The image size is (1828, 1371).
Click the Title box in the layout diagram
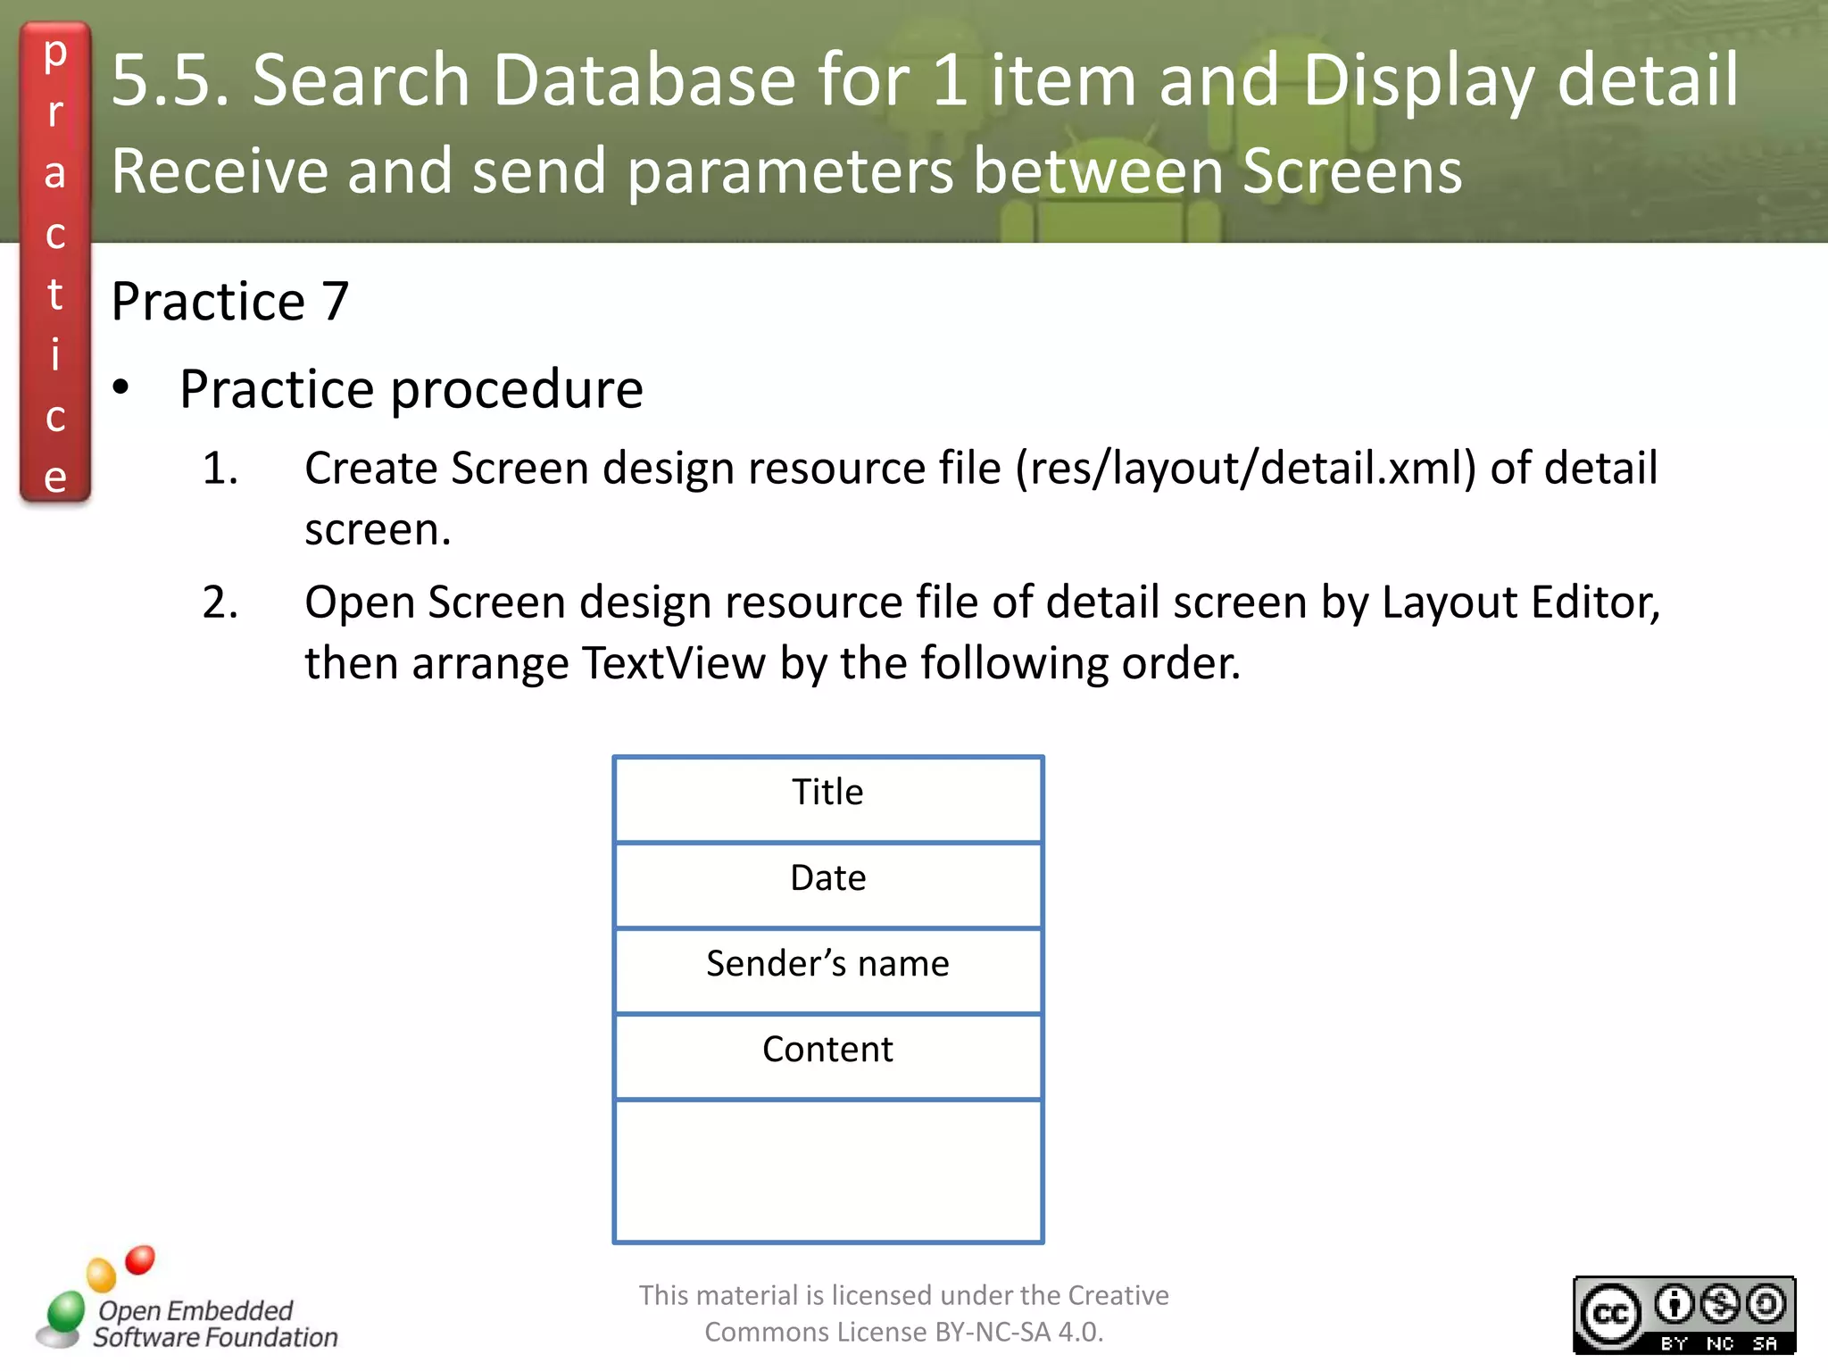[x=827, y=798]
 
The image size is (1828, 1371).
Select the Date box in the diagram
[x=827, y=884]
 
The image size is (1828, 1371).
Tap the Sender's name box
[x=827, y=969]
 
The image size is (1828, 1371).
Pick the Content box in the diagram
[x=827, y=1055]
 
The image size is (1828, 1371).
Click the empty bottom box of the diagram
[x=827, y=1170]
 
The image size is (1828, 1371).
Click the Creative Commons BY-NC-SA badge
[x=1683, y=1315]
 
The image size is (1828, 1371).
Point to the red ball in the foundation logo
[x=140, y=1259]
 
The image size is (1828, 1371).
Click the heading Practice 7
[x=229, y=301]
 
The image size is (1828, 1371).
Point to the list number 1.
[x=220, y=469]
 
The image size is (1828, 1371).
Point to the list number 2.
[x=220, y=602]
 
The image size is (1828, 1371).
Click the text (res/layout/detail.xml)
[x=1246, y=469]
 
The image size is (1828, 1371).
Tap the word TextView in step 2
[x=673, y=663]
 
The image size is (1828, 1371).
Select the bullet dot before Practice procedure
[x=121, y=388]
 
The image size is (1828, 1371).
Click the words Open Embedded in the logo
[x=195, y=1310]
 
